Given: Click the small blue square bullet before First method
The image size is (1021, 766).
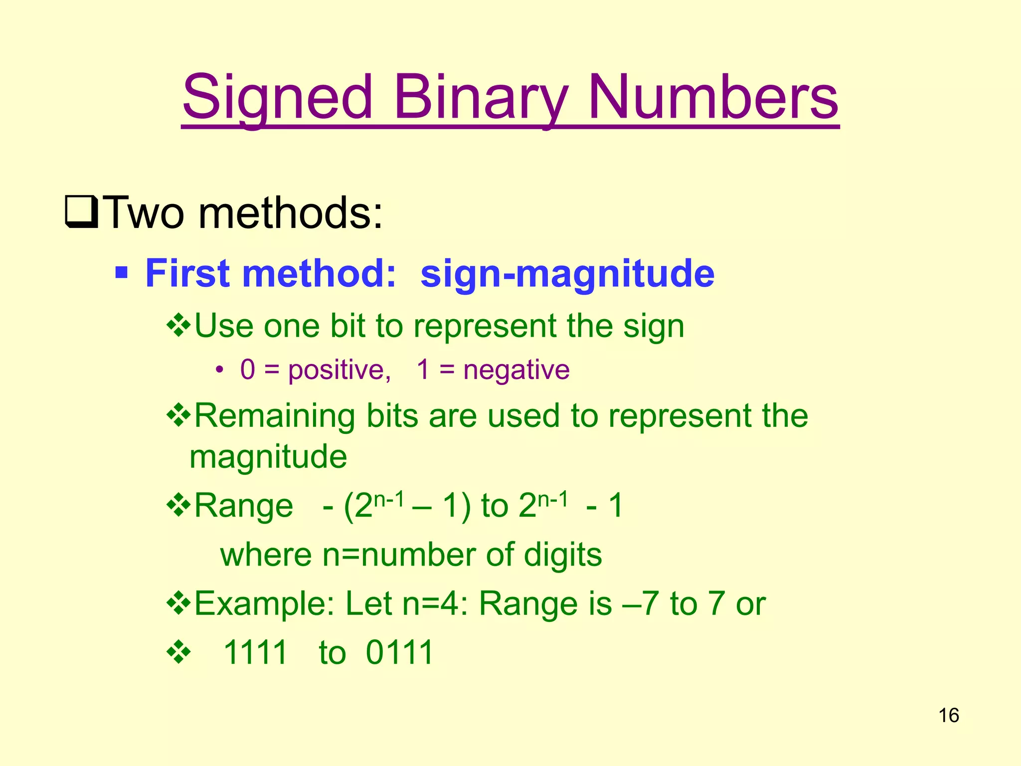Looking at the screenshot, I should (121, 273).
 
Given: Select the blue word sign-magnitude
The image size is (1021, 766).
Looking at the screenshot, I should (567, 274).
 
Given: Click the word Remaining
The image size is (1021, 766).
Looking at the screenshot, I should (275, 415).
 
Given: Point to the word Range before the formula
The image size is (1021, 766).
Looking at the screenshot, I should (244, 506).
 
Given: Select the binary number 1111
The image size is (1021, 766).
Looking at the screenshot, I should (255, 652).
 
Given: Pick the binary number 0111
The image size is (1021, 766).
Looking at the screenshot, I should (399, 652).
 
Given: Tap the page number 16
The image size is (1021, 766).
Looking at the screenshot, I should (949, 716).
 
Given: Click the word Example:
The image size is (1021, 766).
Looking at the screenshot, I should (264, 604).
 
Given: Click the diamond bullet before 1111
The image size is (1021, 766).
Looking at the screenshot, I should (178, 653).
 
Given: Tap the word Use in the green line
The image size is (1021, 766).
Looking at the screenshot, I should (224, 327).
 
